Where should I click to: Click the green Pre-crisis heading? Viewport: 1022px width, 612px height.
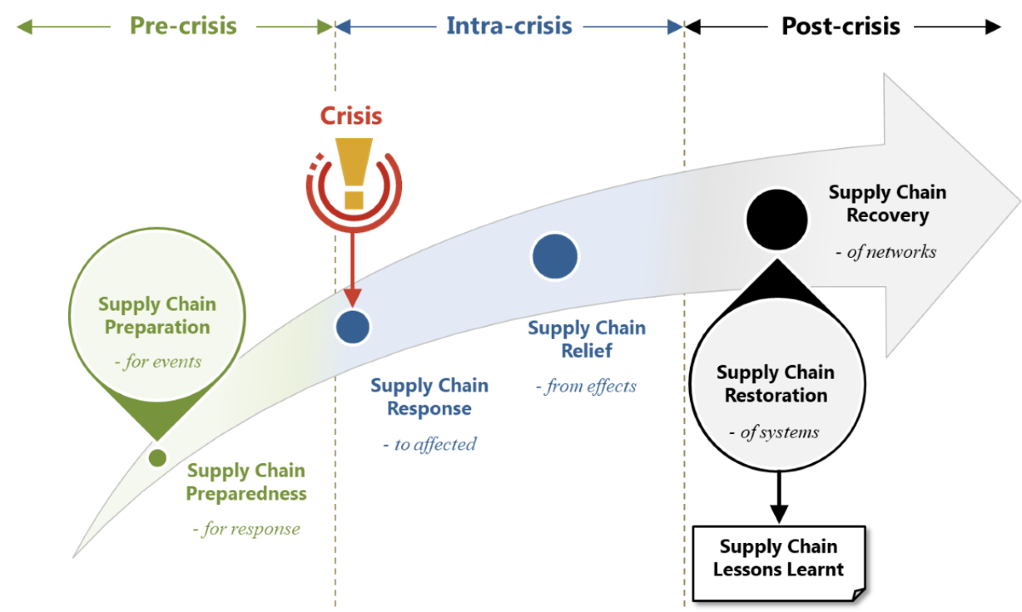point(183,26)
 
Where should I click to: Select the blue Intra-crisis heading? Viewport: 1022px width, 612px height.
point(509,26)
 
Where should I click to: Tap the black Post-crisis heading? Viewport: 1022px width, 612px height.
point(841,26)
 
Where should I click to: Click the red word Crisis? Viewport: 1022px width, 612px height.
point(351,116)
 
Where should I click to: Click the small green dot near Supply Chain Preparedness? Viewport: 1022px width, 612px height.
point(157,458)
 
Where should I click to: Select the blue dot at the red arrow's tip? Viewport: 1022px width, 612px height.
point(353,325)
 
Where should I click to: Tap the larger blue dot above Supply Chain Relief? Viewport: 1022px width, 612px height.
point(555,255)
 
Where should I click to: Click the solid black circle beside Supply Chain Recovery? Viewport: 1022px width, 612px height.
point(777,220)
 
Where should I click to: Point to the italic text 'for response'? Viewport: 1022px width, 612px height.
point(247,529)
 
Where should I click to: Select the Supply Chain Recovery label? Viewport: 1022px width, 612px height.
point(887,204)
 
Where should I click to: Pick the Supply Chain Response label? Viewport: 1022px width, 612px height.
point(429,397)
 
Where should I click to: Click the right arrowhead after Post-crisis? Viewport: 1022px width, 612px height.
point(993,27)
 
